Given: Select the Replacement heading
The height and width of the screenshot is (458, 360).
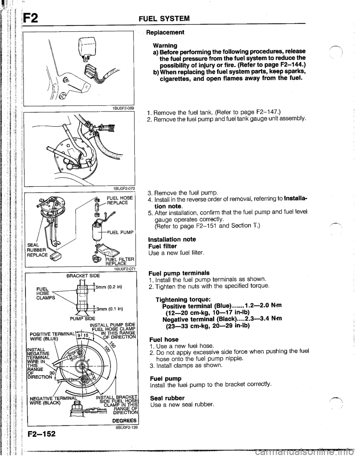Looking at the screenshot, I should [166, 32].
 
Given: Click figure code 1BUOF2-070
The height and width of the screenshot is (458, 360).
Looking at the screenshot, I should [121, 188].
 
